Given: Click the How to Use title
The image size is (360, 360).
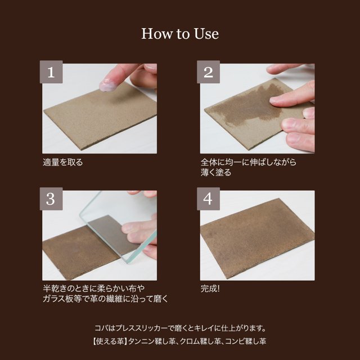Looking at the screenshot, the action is pyautogui.click(x=180, y=34).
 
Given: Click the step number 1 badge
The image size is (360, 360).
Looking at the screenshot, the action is pyautogui.click(x=51, y=72).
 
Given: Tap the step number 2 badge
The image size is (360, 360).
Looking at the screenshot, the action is pyautogui.click(x=208, y=72).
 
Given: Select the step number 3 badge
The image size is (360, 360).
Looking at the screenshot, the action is pyautogui.click(x=51, y=199).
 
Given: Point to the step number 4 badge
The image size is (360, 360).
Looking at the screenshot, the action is pyautogui.click(x=208, y=199).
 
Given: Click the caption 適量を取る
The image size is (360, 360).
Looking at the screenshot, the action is pyautogui.click(x=62, y=163).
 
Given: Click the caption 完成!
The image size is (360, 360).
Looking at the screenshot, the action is pyautogui.click(x=210, y=289).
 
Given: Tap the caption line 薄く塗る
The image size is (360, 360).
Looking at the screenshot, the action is pyautogui.click(x=216, y=173).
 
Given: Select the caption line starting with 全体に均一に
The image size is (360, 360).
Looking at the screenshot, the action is pyautogui.click(x=249, y=162).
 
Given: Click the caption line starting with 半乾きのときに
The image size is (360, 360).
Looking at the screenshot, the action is pyautogui.click(x=94, y=289).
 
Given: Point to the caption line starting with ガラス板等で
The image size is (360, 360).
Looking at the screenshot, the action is pyautogui.click(x=106, y=299).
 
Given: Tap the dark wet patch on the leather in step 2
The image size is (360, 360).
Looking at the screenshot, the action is pyautogui.click(x=250, y=106).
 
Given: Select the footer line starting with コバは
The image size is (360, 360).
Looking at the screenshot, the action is pyautogui.click(x=180, y=328).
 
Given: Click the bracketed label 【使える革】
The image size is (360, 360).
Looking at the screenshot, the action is pyautogui.click(x=110, y=341).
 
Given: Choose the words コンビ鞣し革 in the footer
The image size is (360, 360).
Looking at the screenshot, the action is pyautogui.click(x=246, y=341).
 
